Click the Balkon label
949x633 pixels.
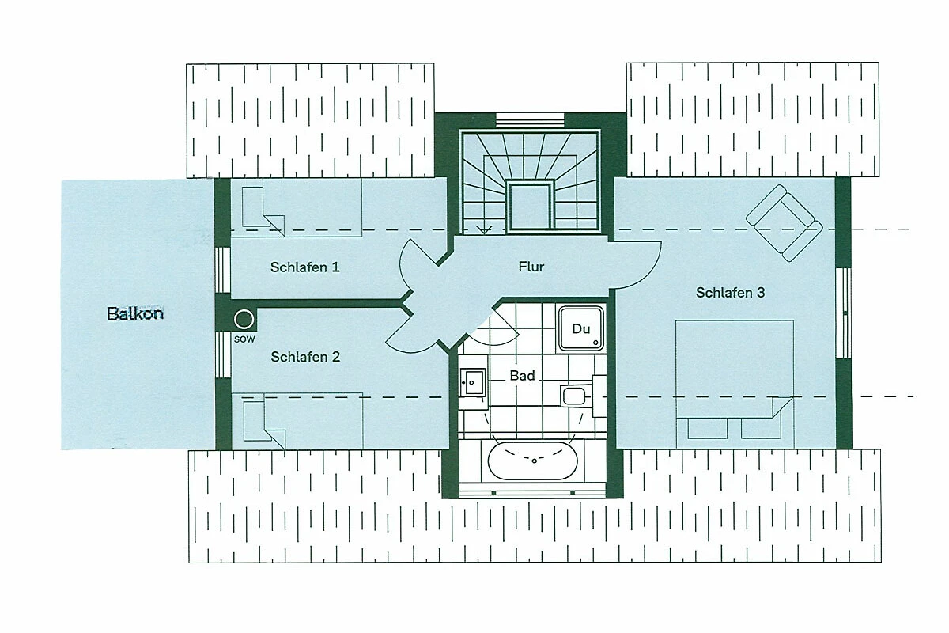(x=135, y=314)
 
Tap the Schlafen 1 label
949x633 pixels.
(x=305, y=267)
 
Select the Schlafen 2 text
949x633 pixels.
(x=305, y=357)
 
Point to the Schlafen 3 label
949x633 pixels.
(x=731, y=293)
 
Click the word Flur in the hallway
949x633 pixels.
(x=531, y=267)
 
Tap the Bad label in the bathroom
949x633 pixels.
(x=523, y=376)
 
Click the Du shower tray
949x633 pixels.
(x=581, y=328)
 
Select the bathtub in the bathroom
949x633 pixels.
(x=532, y=461)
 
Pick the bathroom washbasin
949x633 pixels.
(x=473, y=383)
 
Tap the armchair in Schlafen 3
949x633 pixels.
(x=785, y=222)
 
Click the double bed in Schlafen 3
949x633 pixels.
(x=735, y=384)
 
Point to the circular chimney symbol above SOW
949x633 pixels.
(x=244, y=319)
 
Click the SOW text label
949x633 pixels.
(x=244, y=339)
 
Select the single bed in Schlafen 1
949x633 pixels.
(x=296, y=208)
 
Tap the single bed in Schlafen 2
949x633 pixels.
(x=297, y=421)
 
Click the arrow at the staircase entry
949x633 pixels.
(x=484, y=229)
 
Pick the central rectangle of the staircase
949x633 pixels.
(x=530, y=206)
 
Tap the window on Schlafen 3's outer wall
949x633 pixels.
(x=844, y=313)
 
